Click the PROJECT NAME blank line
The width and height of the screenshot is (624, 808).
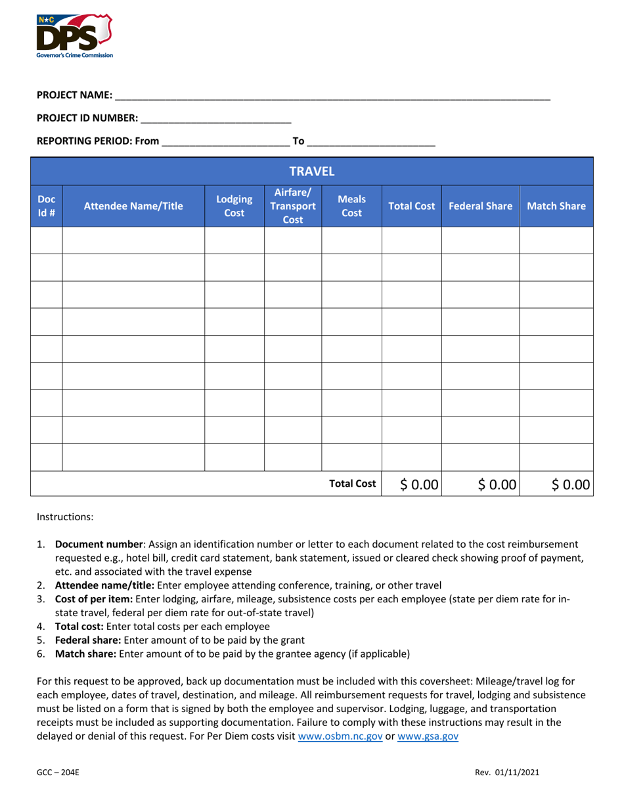tap(332, 96)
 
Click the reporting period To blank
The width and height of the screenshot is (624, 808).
tap(371, 141)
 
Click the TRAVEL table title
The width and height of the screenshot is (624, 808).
tap(313, 171)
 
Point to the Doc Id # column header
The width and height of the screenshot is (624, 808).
tap(47, 206)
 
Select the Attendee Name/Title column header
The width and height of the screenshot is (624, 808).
tap(133, 206)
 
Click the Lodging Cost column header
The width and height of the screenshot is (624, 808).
tap(234, 206)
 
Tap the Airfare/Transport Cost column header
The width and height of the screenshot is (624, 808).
tap(293, 206)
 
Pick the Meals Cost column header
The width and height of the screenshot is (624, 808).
tap(351, 206)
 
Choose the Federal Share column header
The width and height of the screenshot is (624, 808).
tap(480, 206)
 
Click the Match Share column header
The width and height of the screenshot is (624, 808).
tap(556, 206)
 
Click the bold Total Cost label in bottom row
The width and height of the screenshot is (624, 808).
tap(353, 484)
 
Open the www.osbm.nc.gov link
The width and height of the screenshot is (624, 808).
tap(340, 736)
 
